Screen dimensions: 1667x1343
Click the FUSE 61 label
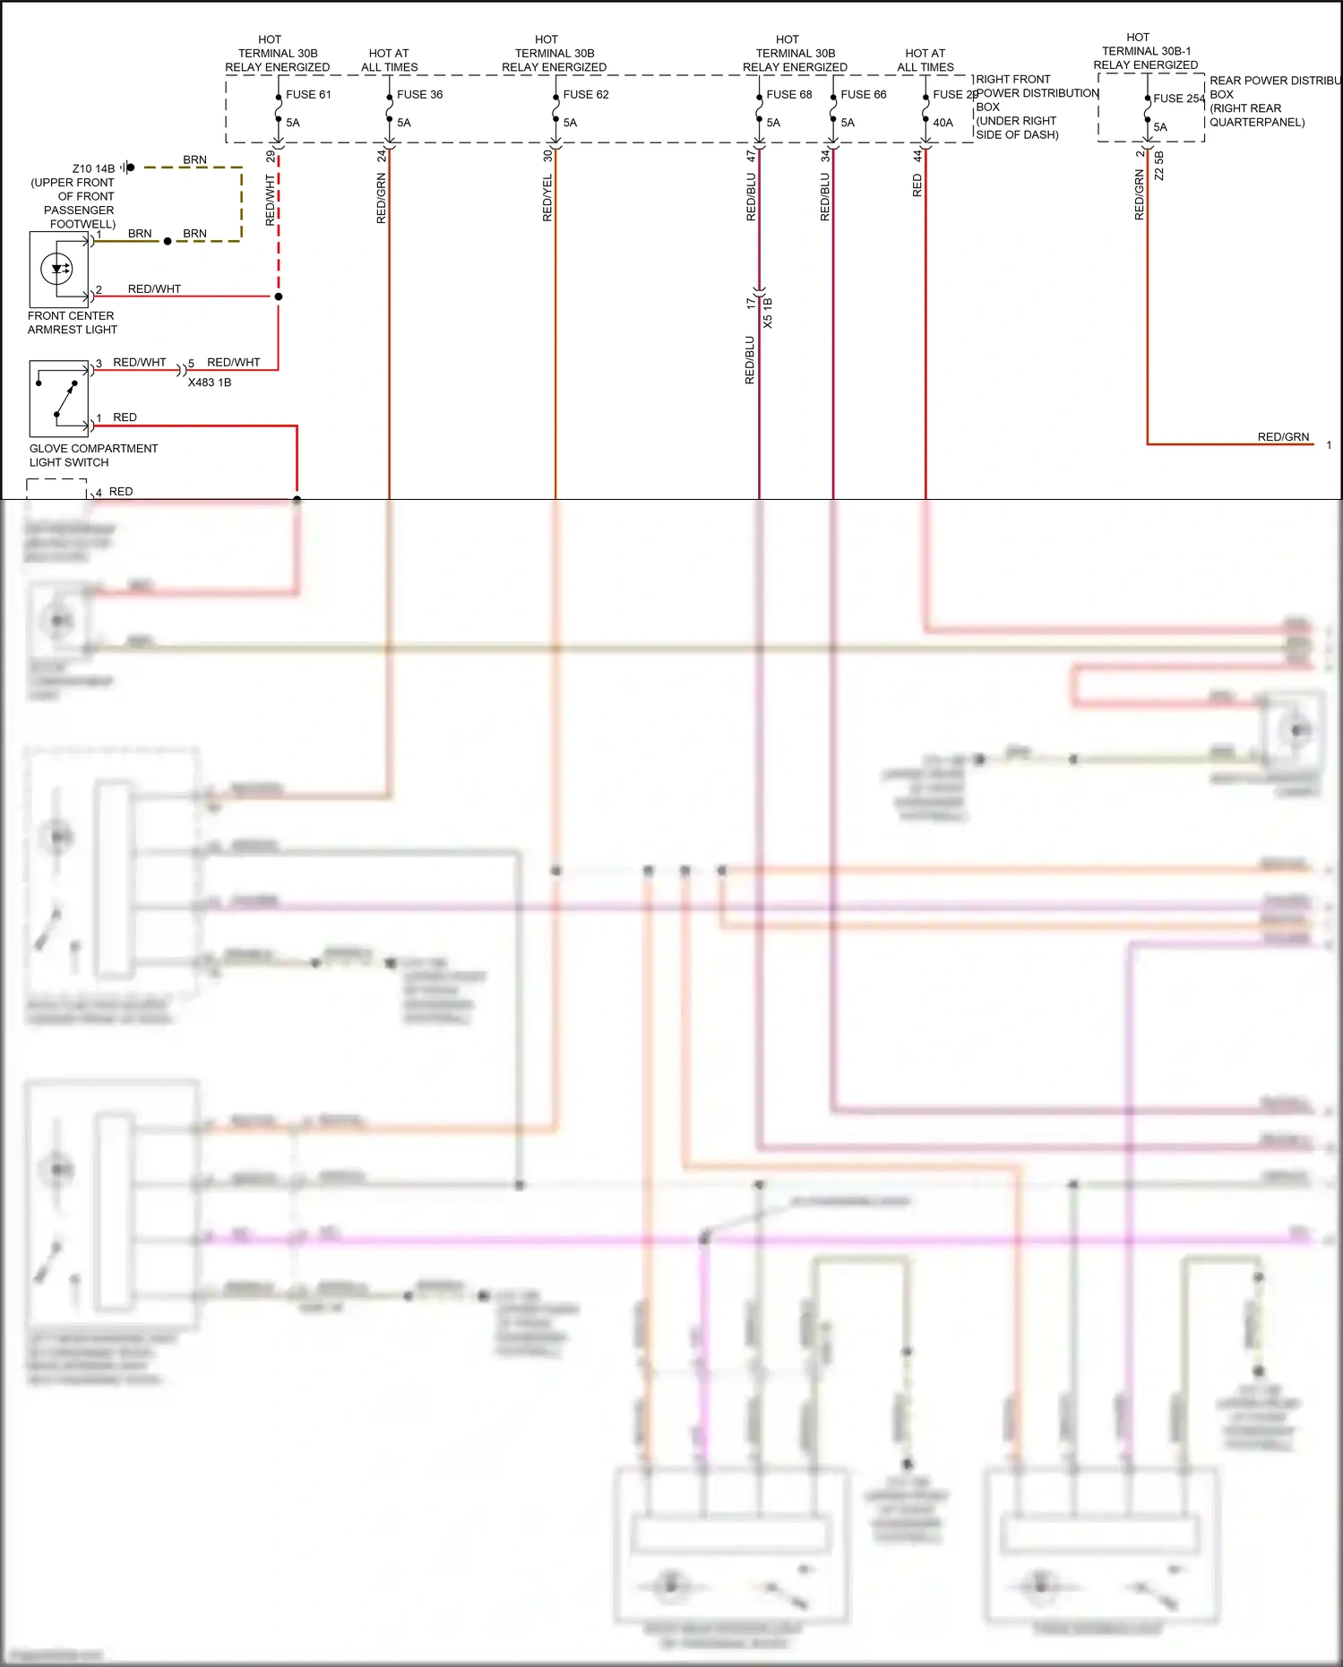[x=308, y=94]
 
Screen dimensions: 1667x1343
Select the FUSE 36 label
[x=419, y=94]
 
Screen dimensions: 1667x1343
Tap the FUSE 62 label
[x=585, y=94]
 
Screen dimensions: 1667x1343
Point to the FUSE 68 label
[x=788, y=94]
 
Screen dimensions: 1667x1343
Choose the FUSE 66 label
[x=863, y=94]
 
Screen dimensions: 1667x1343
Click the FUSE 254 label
[x=1178, y=99]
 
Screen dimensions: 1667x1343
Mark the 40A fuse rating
[x=943, y=123]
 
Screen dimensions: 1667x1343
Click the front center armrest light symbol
[x=58, y=269]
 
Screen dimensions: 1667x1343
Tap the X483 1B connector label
[x=210, y=382]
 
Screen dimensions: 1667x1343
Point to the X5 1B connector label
[x=768, y=313]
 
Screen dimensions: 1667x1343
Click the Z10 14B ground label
[x=93, y=168]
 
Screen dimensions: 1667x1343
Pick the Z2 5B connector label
[x=1158, y=166]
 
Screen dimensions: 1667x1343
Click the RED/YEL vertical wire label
[x=547, y=198]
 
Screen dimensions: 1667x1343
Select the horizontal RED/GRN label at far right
[x=1283, y=437]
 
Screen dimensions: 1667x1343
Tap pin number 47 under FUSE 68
[x=751, y=156]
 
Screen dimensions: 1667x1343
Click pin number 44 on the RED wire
[x=917, y=156]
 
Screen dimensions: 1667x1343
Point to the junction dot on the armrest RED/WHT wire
[x=279, y=296]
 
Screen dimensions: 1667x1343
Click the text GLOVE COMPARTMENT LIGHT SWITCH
[x=93, y=455]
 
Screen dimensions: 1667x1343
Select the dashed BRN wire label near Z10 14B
[x=194, y=160]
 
